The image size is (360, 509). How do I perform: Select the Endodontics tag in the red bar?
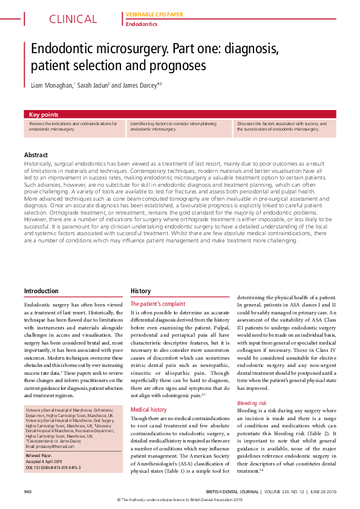tap(141, 24)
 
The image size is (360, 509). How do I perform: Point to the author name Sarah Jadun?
tap(92, 85)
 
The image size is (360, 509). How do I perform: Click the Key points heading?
tap(44, 114)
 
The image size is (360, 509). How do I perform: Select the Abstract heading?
tap(36, 155)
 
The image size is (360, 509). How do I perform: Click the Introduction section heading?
tap(41, 291)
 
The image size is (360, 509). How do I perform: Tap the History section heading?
tap(141, 291)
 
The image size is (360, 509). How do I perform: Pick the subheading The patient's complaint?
tap(158, 303)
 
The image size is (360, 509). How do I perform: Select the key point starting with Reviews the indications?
tap(73, 126)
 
